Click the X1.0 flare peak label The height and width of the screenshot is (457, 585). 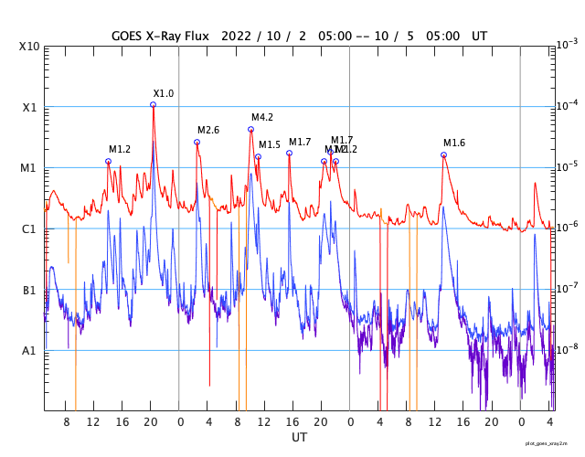164,93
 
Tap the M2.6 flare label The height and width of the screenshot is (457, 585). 208,131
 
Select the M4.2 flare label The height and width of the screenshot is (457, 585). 262,117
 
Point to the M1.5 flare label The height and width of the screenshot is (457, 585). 270,145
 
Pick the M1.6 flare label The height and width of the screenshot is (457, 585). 454,143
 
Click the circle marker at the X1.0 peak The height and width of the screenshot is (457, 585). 153,104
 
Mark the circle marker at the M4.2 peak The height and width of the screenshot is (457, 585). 250,129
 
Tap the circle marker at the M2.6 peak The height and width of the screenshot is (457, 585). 197,142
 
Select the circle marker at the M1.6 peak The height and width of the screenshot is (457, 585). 443,154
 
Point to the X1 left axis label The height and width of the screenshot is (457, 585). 29,107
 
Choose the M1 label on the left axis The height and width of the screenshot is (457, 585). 29,168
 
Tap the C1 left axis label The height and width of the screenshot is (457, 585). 29,228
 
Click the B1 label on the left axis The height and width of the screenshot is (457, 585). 29,290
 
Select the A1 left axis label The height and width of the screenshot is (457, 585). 29,351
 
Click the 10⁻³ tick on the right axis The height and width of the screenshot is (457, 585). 567,44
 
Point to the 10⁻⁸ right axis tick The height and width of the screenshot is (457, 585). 567,349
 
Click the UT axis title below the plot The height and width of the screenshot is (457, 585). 299,438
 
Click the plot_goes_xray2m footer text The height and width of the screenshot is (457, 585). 552,443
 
